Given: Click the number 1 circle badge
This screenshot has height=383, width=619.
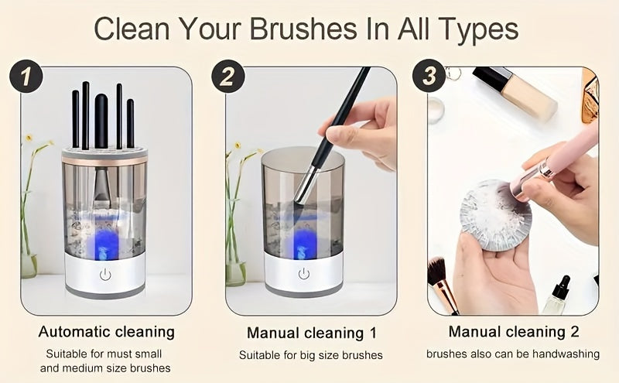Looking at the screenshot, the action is tap(26, 76).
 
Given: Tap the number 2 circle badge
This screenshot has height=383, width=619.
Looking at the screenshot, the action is tap(227, 76).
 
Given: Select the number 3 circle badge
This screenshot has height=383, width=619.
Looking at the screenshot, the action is tap(429, 75).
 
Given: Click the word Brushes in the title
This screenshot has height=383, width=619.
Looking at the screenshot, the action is tap(303, 29).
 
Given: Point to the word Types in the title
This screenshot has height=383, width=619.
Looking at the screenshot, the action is tap(478, 29).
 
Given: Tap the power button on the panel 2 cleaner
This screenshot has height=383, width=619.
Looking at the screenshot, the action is tap(303, 274).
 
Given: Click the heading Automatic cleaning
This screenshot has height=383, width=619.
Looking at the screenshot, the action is tap(107, 332).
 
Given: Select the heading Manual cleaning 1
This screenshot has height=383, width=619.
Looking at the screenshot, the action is tap(312, 333).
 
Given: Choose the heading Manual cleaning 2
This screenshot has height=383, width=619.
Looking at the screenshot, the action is tap(514, 331).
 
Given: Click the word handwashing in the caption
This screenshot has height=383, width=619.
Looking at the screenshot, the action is tap(566, 354).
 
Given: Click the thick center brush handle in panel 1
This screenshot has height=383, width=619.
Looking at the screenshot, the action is tap(101, 121).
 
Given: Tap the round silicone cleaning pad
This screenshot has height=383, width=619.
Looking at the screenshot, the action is tap(495, 215).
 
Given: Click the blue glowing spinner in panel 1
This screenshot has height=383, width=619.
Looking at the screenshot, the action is tap(104, 245).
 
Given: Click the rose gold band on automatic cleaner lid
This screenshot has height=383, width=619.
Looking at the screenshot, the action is tap(104, 162).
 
